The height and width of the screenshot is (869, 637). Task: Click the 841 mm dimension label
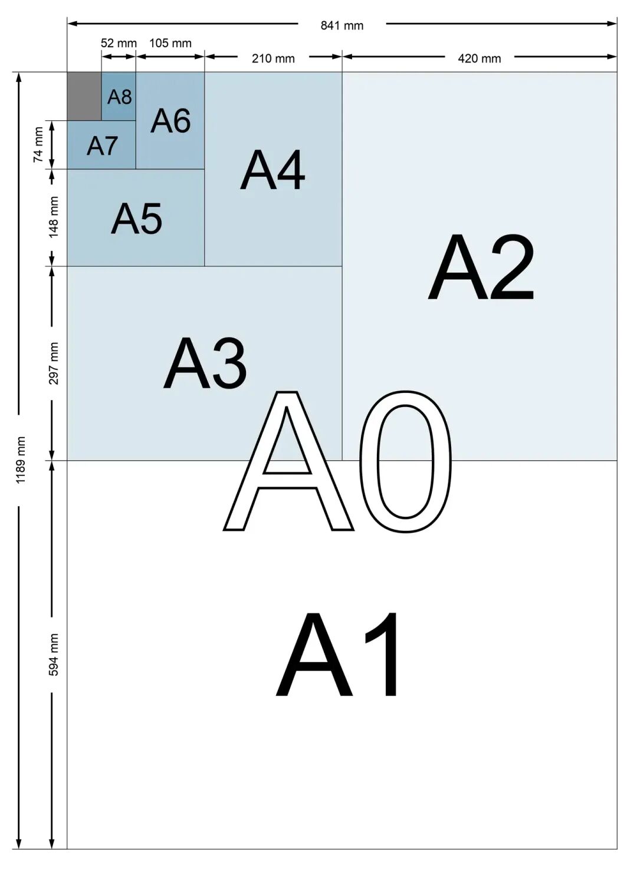click(x=342, y=25)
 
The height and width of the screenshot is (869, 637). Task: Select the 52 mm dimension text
click(x=119, y=43)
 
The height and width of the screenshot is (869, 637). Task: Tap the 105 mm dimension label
click(x=170, y=42)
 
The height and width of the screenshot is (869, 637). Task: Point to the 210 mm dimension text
click(x=273, y=58)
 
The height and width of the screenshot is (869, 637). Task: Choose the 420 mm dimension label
click(x=480, y=58)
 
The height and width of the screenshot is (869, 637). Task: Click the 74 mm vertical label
click(x=38, y=145)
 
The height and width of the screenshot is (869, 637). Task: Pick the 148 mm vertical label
click(x=53, y=217)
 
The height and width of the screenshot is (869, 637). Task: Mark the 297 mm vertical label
click(x=53, y=363)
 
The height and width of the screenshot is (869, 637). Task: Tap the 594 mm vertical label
click(x=53, y=655)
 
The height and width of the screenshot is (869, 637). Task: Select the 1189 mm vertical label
click(x=20, y=460)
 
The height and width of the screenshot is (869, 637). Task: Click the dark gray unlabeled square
click(x=84, y=96)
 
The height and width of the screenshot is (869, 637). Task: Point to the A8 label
click(x=120, y=97)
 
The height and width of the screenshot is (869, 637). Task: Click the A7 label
click(x=102, y=146)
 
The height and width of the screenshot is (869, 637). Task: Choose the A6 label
click(x=171, y=121)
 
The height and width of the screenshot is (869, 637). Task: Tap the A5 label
click(x=137, y=219)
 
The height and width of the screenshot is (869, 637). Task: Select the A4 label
click(x=272, y=170)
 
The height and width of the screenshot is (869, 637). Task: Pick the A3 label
click(x=205, y=363)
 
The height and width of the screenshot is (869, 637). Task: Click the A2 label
click(x=481, y=267)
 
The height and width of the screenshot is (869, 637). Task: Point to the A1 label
click(x=337, y=655)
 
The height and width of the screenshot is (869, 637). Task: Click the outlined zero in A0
click(x=406, y=462)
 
